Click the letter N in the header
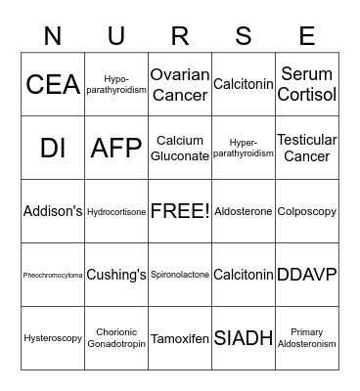point(53,36)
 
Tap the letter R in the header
point(180,36)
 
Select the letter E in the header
point(307,36)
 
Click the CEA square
point(53,85)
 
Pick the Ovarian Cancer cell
point(180,85)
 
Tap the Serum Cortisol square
point(307,85)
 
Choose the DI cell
point(53,149)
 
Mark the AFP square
point(116,149)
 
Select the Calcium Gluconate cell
point(180,149)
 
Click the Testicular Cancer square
point(307,149)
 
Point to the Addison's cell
point(53,211)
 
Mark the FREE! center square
point(180,211)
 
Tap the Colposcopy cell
point(307,211)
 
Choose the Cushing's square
point(116,275)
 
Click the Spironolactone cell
point(180,275)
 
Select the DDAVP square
point(307,275)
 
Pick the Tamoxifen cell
point(180,338)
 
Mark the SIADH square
point(244,338)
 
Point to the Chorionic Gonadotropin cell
point(116,338)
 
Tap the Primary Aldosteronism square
point(307,338)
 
